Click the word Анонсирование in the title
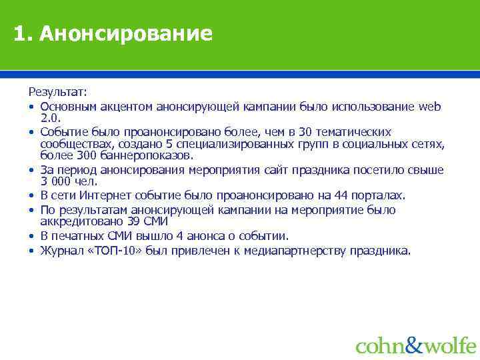(126, 33)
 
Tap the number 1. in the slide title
(24, 33)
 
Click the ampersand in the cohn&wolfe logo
(414, 345)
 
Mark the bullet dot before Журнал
(31, 251)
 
